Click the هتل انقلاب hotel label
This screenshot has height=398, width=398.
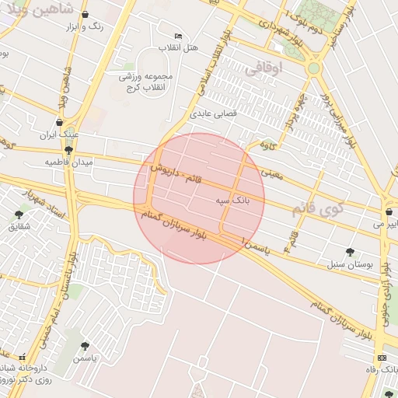click(x=180, y=47)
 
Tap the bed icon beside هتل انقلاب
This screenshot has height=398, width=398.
click(x=179, y=36)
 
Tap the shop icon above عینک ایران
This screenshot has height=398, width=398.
click(x=60, y=122)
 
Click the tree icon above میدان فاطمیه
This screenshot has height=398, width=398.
click(x=68, y=150)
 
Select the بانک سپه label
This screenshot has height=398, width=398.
click(x=232, y=201)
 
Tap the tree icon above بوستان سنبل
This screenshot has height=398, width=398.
click(x=350, y=252)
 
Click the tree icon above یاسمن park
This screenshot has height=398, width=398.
click(x=84, y=346)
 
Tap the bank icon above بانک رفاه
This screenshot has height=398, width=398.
click(x=381, y=358)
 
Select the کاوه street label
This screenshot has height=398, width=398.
click(x=268, y=145)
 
